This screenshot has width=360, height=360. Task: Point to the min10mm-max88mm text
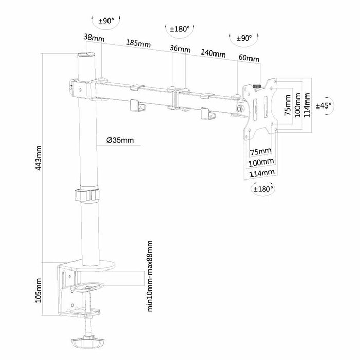[x=150, y=275]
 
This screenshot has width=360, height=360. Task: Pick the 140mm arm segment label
[x=213, y=53]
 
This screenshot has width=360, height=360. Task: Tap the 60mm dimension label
[x=249, y=58]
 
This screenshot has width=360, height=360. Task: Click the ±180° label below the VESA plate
[x=263, y=189]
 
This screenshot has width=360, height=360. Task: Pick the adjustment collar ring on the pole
[x=87, y=195]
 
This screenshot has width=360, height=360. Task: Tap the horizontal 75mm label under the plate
[x=260, y=152]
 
